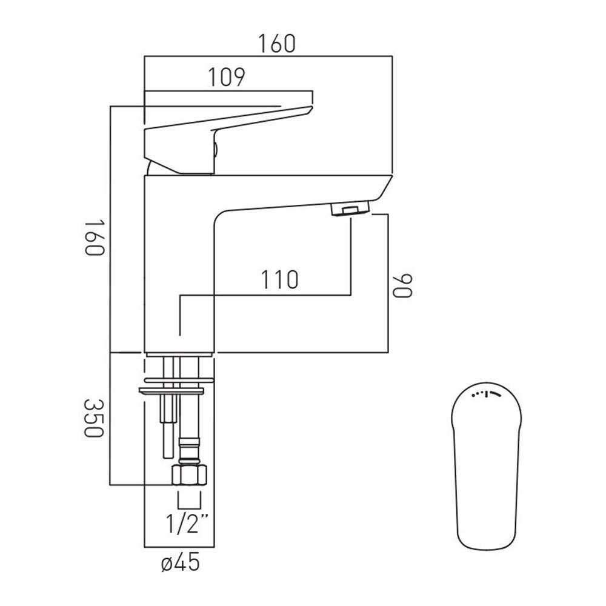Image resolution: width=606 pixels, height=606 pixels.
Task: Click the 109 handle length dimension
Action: pos(227,78)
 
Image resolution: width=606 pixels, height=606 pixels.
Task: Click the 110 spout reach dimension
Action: pos(279,279)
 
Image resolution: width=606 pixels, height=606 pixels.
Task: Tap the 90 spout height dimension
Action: pos(403,286)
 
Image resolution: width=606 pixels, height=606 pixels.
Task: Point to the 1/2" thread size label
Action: pos(187,524)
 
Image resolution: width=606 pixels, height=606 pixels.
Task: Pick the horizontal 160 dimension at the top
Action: pos(277,44)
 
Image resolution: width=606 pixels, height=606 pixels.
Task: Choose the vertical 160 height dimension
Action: pos(95,238)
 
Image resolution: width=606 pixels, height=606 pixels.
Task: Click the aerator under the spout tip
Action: pos(350,210)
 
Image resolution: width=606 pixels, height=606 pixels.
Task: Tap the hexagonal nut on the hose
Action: pos(189,475)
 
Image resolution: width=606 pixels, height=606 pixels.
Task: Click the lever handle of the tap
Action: pos(228,139)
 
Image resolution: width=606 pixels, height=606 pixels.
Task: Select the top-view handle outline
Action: pos(486,466)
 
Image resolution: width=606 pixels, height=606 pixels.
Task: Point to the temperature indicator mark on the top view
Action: pos(486,395)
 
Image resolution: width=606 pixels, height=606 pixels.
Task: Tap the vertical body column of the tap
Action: pos(179,264)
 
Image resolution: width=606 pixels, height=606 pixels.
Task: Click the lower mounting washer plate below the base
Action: pos(171,391)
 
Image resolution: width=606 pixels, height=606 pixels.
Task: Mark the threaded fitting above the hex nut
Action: pos(189,451)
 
